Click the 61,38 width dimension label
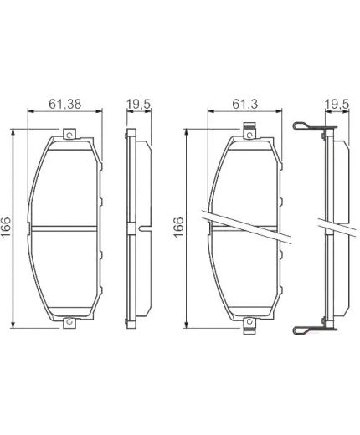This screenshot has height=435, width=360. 64,105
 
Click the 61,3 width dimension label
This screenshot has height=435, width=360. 244,105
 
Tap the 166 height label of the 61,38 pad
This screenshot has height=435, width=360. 7,227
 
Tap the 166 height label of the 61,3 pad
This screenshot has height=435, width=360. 177,227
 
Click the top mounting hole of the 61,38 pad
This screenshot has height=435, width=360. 69,132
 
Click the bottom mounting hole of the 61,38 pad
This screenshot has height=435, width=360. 69,324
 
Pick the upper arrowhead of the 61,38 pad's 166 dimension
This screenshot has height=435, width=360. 14,130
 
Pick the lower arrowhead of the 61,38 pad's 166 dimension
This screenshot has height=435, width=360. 14,325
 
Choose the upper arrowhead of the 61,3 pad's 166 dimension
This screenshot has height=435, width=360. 187,129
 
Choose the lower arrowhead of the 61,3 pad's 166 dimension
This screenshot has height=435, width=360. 187,327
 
